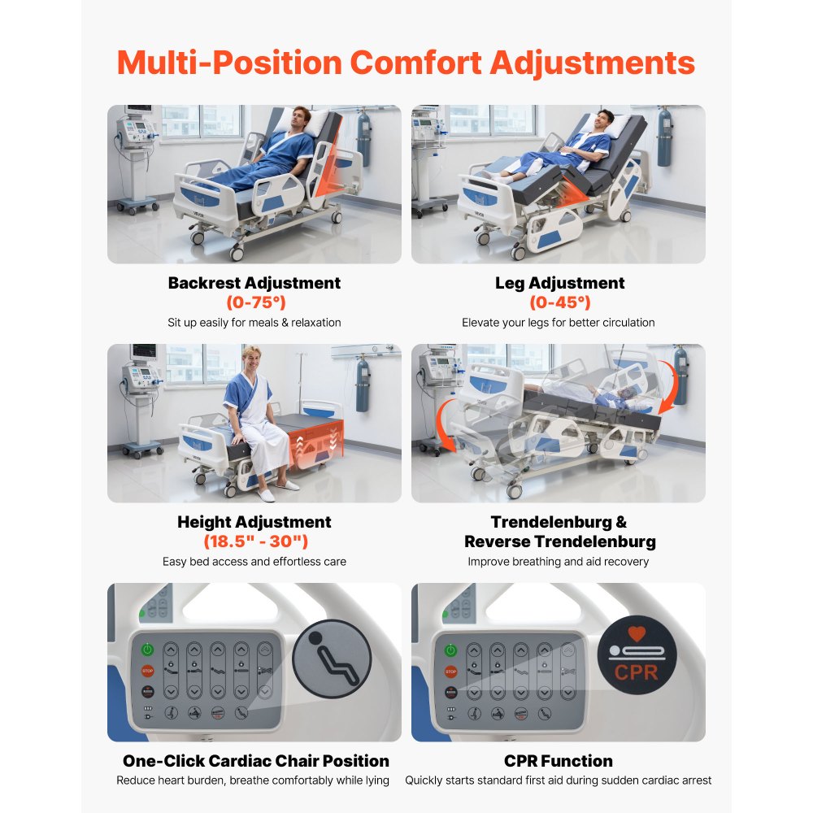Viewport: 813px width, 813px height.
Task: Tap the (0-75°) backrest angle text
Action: click(254, 303)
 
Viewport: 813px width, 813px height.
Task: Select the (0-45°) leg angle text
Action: click(559, 303)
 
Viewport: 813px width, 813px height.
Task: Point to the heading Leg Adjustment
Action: click(559, 283)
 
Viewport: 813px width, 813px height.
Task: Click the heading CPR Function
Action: click(559, 761)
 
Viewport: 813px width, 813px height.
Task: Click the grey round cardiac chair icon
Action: click(332, 659)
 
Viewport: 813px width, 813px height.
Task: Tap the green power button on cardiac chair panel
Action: click(147, 649)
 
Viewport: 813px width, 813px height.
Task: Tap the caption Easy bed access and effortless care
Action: click(254, 562)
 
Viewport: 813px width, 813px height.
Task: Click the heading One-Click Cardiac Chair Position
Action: click(255, 761)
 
